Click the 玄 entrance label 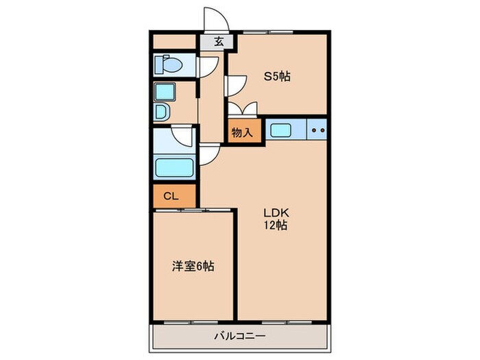point(219,42)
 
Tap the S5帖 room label point(278,76)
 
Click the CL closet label point(171,196)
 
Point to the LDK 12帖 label point(277,219)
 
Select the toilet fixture point(168,66)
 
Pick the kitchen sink point(281,129)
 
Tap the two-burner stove point(317,129)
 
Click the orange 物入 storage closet point(245,131)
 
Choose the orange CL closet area point(175,196)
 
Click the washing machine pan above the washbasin point(163,92)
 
